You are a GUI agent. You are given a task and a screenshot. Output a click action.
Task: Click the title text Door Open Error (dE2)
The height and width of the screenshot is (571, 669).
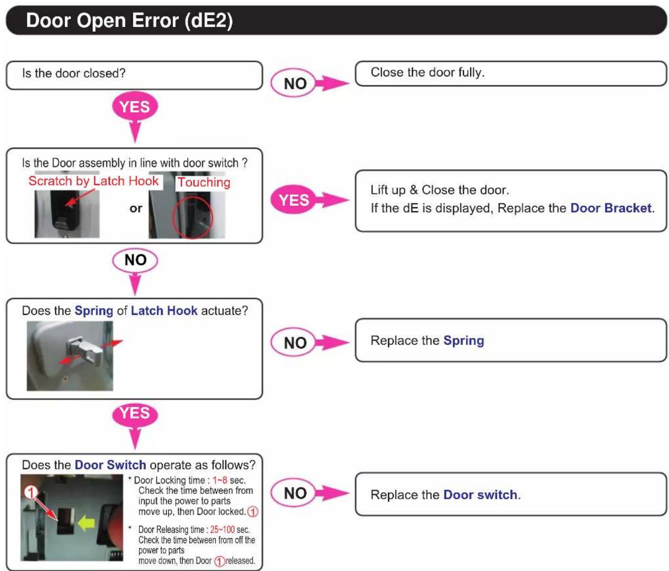pos(129,20)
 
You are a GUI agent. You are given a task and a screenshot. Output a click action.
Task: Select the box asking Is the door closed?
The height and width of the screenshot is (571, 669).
pos(134,75)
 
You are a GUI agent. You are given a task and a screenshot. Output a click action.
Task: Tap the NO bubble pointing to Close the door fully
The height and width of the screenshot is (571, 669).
pos(293,83)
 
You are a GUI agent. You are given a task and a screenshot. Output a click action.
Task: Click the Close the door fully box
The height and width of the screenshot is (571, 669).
pos(510,73)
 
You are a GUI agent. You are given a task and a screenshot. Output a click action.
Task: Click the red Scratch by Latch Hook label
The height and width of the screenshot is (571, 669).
pos(93,181)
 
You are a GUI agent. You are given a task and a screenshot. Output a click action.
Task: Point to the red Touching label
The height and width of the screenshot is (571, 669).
pos(204,182)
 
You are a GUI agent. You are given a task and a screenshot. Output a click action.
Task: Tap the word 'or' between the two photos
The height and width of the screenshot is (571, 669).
pos(135,208)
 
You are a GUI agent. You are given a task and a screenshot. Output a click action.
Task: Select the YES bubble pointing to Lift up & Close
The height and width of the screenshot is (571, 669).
pos(293,199)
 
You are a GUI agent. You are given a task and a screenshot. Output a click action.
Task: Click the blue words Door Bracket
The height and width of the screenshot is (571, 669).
pos(610,208)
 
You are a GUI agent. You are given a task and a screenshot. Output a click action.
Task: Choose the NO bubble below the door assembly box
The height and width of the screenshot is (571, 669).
pos(135,260)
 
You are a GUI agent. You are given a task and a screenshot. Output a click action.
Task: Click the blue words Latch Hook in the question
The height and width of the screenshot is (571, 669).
pos(164,310)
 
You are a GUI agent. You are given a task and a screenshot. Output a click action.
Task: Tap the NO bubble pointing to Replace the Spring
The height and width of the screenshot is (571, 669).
pos(293,342)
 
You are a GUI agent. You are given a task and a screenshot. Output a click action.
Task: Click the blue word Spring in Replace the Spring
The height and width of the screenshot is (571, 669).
pos(464,341)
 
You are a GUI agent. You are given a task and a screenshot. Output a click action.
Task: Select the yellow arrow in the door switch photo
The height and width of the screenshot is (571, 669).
pos(86,523)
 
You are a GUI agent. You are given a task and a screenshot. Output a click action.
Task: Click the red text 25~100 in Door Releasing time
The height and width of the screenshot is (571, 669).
pos(222,530)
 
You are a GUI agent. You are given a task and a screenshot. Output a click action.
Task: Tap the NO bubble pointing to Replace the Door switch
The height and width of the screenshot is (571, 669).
pos(293,493)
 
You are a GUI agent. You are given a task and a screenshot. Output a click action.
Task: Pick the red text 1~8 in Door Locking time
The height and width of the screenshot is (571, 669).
pos(219,480)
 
